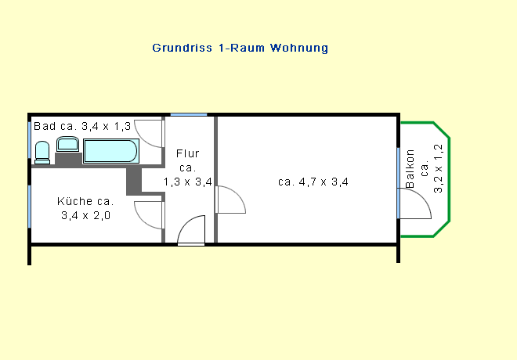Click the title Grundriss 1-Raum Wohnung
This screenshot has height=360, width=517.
coord(240,48)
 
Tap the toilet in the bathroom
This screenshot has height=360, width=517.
coord(42,153)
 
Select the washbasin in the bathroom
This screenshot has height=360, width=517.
coord(67,144)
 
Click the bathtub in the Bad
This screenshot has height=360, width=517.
coord(110,151)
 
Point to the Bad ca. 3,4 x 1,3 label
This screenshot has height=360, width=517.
coord(82,126)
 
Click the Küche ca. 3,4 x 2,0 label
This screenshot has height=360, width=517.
coord(85,208)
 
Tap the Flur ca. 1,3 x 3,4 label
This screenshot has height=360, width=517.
coord(188,167)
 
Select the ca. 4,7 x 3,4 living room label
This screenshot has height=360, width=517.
coord(313,182)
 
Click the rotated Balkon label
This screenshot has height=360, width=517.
coord(410,168)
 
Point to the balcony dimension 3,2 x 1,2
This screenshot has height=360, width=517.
coord(438,168)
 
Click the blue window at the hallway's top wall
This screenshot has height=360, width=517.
coord(189,114)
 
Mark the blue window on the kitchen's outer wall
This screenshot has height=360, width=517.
coord(29,207)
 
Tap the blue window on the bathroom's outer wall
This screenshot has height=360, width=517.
coord(29,140)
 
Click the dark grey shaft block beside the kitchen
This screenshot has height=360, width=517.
coord(134,182)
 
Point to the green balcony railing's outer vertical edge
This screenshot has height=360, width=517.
coord(449,180)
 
